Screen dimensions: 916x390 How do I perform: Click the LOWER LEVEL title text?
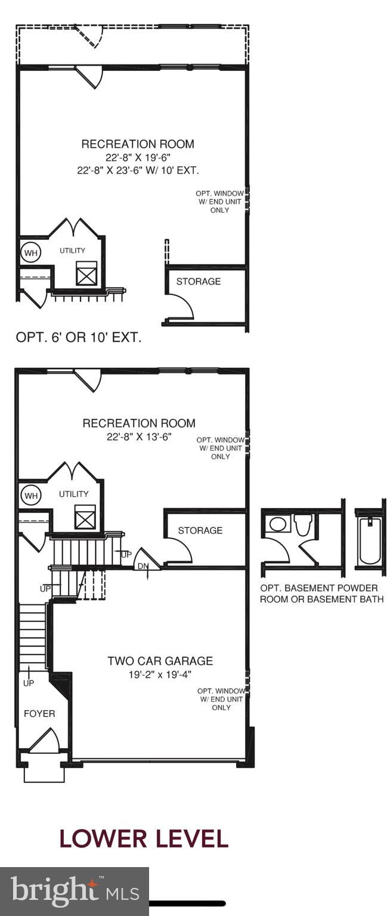tap(144, 838)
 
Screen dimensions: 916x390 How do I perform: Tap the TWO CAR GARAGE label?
tap(160, 661)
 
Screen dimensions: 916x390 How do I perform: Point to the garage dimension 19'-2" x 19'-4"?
tap(160, 674)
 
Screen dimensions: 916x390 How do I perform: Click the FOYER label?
tap(39, 713)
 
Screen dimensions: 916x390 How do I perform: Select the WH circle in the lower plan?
tap(30, 495)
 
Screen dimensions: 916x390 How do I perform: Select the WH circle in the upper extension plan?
tap(30, 252)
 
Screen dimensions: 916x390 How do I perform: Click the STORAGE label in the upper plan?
tap(198, 281)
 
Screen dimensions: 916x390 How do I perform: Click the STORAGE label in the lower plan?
tap(200, 530)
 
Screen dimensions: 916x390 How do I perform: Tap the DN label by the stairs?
tap(143, 565)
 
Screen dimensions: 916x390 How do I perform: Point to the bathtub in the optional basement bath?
tap(370, 541)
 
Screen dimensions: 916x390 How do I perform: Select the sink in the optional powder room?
tap(277, 524)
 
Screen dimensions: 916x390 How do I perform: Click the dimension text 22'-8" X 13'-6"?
tap(138, 437)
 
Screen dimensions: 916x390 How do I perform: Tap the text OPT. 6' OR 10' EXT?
tap(79, 338)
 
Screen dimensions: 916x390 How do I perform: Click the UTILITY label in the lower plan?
tap(73, 494)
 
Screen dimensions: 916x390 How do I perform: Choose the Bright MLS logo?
tap(74, 891)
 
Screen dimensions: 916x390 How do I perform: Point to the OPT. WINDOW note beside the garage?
tap(221, 699)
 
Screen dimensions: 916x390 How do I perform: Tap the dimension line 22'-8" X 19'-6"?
tap(138, 157)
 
